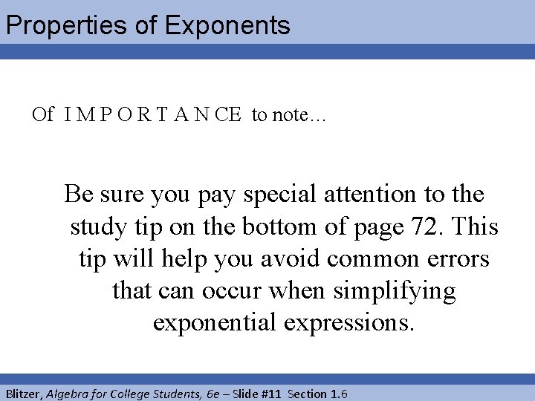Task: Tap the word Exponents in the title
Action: (x=227, y=26)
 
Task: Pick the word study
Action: (x=98, y=226)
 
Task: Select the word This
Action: (x=472, y=226)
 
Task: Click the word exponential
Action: (x=215, y=323)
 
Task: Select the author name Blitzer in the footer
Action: (x=23, y=394)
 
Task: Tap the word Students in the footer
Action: (x=166, y=394)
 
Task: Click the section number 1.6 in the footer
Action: (x=338, y=394)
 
